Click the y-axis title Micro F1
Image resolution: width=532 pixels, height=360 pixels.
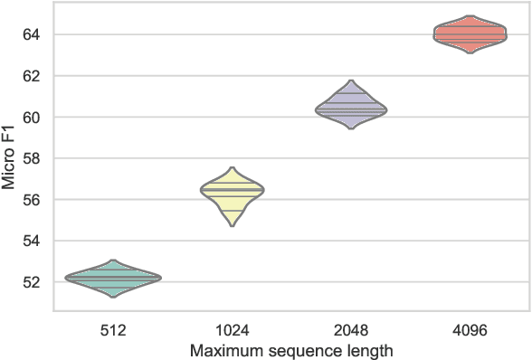click(x=10, y=158)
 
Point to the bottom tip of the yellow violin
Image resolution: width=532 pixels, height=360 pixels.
click(x=233, y=226)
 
